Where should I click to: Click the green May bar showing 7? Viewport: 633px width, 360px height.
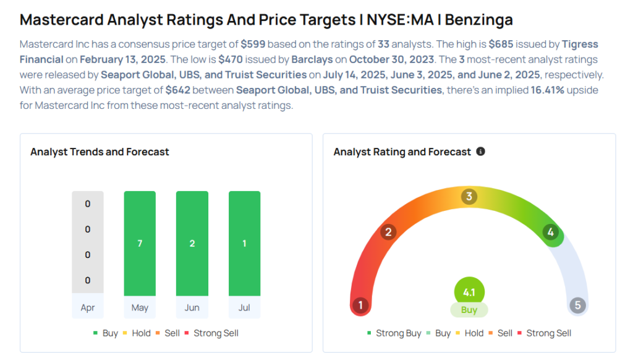(x=140, y=243)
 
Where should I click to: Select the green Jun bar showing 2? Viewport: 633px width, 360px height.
(x=192, y=243)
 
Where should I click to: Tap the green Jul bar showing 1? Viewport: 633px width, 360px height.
(x=244, y=243)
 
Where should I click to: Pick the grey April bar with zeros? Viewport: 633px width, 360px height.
(x=88, y=242)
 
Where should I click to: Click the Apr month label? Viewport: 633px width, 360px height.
(x=88, y=308)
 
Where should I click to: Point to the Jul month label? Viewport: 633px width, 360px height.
(x=244, y=308)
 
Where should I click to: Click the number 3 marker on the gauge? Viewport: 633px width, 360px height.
(x=469, y=197)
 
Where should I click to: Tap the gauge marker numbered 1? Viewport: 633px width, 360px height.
(x=360, y=305)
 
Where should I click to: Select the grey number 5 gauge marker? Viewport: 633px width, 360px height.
(x=578, y=305)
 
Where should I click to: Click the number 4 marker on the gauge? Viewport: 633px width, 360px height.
(x=551, y=233)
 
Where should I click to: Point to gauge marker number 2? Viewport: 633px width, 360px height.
(x=388, y=233)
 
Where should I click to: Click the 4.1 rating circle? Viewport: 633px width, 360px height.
(x=469, y=292)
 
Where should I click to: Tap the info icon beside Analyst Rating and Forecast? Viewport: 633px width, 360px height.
(x=480, y=152)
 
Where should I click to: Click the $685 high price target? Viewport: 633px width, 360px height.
(x=501, y=44)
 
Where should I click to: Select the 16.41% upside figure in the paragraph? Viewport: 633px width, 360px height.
(x=547, y=90)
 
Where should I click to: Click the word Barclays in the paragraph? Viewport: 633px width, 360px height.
(x=312, y=59)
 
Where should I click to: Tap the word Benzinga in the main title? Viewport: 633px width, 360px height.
(x=479, y=19)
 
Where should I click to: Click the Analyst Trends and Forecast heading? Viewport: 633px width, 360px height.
(x=100, y=152)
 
